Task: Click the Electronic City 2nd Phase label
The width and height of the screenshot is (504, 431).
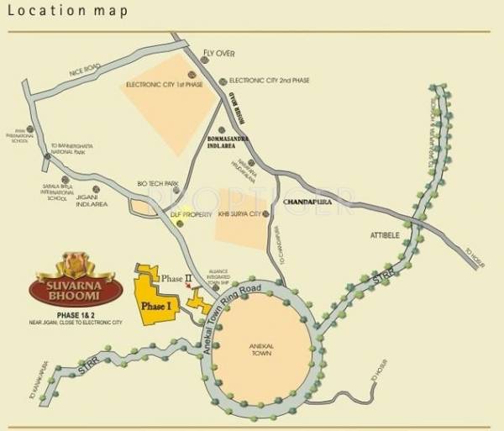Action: (x=269, y=81)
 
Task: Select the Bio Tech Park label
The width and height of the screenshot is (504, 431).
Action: (x=155, y=183)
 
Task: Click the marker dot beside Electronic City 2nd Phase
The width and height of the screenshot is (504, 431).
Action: (x=223, y=81)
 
